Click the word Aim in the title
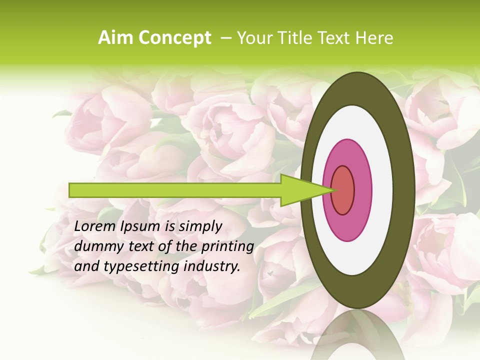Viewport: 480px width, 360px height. [x=115, y=38]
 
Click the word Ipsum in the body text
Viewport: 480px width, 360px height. [x=141, y=226]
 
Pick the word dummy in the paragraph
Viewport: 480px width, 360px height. [x=94, y=247]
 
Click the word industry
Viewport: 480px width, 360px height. [x=212, y=267]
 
